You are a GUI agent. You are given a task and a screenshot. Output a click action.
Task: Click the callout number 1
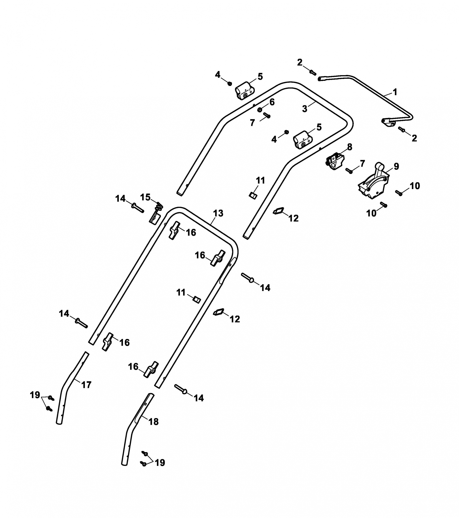395,92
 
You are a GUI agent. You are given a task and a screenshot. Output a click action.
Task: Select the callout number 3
305,109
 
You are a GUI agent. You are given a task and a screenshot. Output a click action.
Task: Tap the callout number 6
272,102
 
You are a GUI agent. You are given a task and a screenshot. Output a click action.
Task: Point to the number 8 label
349,147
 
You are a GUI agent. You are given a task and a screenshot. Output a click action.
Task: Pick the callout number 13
218,213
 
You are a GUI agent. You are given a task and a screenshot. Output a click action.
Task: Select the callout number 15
145,197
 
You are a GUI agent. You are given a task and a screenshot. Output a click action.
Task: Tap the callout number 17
86,385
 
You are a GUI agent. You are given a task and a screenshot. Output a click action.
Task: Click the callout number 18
153,421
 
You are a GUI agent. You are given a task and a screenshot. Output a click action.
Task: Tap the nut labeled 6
260,110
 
